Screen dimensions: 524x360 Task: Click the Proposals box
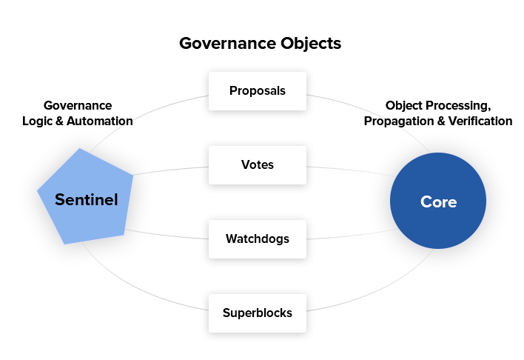[258, 91]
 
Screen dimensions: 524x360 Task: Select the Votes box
[258, 165]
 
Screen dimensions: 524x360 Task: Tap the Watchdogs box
[258, 239]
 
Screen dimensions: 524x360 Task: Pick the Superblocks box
[258, 313]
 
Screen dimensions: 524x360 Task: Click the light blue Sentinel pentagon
[85, 197]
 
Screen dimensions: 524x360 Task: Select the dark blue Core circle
[438, 201]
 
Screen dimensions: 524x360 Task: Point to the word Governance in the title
[228, 44]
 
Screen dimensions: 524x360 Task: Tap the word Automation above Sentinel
[100, 121]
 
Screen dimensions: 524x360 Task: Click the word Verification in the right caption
[480, 121]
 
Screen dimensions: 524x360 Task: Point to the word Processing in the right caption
[459, 106]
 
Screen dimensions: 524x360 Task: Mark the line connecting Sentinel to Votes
[171, 170]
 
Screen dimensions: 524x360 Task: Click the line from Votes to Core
[351, 170]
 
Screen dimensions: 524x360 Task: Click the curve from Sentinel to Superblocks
[136, 287]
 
